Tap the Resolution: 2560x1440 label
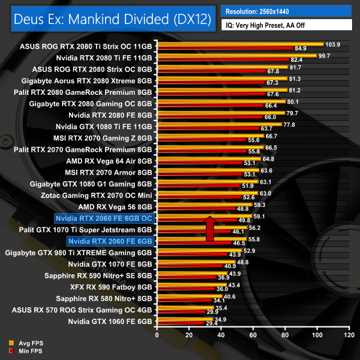pyautogui.click(x=262, y=10)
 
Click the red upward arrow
pyautogui.click(x=209, y=229)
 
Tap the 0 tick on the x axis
pyautogui.click(x=157, y=335)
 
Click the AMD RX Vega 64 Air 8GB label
pyautogui.click(x=112, y=161)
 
